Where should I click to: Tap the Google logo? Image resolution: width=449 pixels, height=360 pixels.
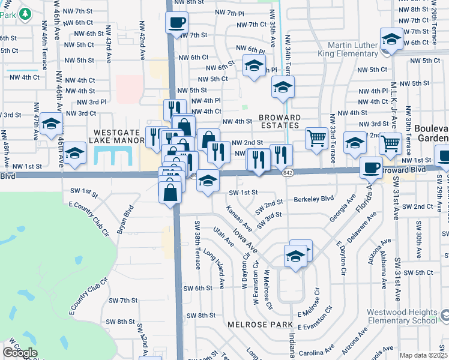coord(20,353)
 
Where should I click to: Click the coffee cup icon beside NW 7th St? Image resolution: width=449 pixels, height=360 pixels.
coord(176,24)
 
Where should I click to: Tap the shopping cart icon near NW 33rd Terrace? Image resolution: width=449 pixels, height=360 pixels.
coord(316,138)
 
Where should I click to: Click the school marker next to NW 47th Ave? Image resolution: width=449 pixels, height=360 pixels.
coord(52,124)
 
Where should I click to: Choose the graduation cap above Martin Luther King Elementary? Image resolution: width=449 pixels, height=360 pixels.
coord(391,40)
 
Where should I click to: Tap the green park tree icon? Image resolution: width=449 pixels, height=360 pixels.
coord(25,13)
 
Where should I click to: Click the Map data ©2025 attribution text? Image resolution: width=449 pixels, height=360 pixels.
coord(423,355)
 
